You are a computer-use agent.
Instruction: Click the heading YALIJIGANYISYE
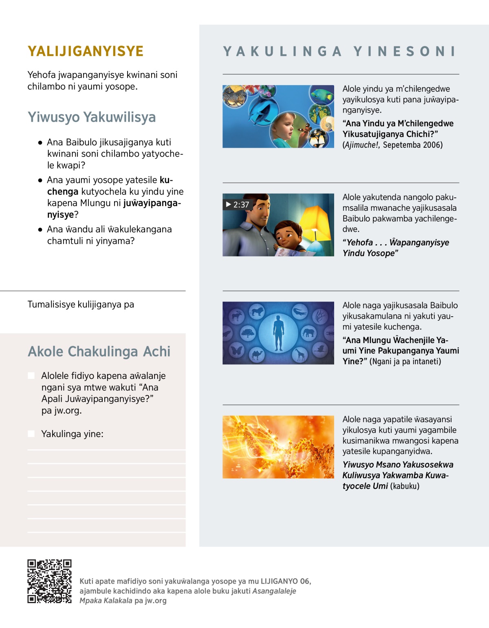(86, 51)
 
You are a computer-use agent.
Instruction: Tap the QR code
(49, 581)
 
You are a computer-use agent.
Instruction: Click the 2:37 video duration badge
(237, 204)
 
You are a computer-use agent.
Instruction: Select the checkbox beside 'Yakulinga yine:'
(31, 434)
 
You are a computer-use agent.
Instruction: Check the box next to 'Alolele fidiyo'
(31, 376)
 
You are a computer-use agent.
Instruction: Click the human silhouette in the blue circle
(278, 333)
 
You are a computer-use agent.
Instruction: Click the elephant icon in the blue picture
(308, 333)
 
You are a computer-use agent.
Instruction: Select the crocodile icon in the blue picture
(300, 312)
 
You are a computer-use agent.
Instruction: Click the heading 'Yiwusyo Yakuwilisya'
(92, 117)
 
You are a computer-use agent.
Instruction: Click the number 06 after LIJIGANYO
(304, 581)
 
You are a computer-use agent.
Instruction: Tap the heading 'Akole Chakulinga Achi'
(99, 352)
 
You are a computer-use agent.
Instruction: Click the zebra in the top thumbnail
(234, 97)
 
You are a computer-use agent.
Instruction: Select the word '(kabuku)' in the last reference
(405, 486)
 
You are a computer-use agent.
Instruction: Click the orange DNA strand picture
(278, 447)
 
